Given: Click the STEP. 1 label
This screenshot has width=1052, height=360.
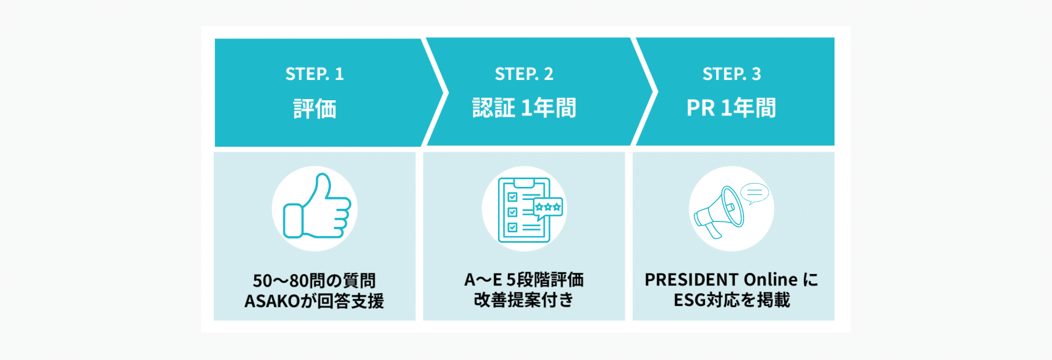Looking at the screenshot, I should click(315, 74).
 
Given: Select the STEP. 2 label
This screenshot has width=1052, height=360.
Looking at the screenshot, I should click(524, 74).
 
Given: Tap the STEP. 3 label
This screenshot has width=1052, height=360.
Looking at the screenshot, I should click(731, 74).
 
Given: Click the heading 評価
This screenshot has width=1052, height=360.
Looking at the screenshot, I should click(315, 108).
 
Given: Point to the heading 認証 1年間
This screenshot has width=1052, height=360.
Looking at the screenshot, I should click(524, 108).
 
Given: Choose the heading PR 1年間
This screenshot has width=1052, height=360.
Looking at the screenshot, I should click(731, 108).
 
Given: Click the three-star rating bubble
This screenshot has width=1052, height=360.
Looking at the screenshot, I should click(548, 208).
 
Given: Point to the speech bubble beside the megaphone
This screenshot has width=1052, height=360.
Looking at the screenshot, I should click(754, 193).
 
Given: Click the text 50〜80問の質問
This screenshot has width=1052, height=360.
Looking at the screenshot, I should click(315, 281).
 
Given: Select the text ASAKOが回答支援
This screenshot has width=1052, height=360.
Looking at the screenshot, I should click(315, 301).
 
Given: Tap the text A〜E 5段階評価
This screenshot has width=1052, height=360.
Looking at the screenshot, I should click(524, 280).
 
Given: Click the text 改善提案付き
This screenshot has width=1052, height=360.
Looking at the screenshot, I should click(524, 300).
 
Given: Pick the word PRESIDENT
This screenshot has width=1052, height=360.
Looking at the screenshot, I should click(691, 280).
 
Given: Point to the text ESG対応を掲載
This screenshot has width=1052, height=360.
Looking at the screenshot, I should click(731, 300).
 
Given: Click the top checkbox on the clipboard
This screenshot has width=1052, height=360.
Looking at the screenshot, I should click(512, 197).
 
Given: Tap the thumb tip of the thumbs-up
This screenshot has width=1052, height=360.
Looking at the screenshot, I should click(323, 178).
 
